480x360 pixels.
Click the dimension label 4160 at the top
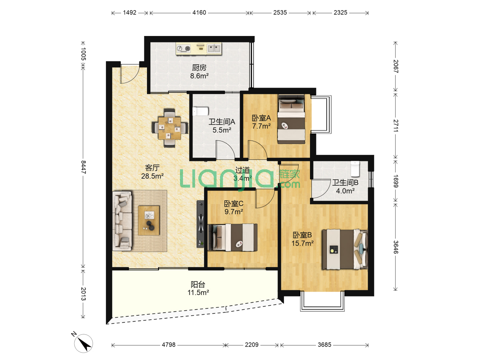[199, 13]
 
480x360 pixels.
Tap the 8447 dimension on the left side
[83, 167]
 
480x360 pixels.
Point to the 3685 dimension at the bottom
[324, 345]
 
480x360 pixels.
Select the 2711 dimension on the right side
[396, 126]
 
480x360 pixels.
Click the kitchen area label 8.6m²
[199, 76]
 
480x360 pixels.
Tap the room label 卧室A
[261, 118]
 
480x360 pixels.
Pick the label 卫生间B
[345, 183]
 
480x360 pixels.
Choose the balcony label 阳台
[198, 284]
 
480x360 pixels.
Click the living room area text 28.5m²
[152, 176]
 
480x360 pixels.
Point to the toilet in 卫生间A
[200, 111]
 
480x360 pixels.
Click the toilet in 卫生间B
[355, 169]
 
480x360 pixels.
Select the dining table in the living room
[170, 128]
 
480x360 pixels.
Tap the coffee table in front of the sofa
[149, 220]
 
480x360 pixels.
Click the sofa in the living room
[122, 221]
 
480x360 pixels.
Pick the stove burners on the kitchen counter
[183, 49]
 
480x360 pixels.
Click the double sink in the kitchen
[214, 48]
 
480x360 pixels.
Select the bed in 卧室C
[233, 237]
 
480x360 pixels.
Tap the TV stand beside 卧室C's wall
[201, 224]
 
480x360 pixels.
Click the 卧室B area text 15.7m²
[302, 243]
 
